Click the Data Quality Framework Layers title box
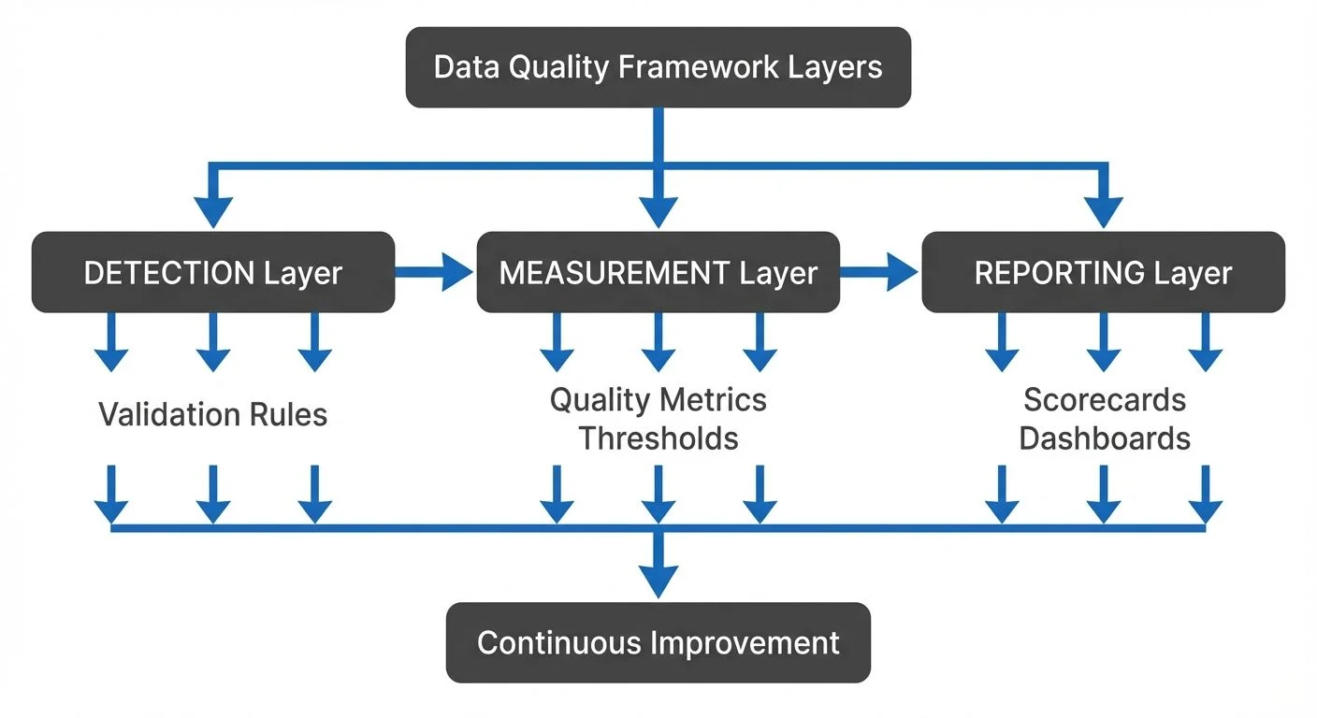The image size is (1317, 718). pos(658,67)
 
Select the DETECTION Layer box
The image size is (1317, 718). pos(213,272)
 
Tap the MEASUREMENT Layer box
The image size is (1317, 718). pos(658,272)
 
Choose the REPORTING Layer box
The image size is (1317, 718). pos(1103,272)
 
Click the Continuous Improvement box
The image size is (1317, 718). pos(658,642)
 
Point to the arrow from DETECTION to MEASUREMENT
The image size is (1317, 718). pos(435,272)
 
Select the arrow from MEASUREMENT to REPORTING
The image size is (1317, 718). pos(880,272)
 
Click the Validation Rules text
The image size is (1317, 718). pos(213,414)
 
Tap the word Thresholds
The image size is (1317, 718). pos(658,438)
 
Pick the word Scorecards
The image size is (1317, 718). pos(1104,400)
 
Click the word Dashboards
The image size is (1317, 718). pos(1104,438)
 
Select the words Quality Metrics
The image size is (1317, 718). pos(658,400)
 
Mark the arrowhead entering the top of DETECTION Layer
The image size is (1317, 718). pos(213,213)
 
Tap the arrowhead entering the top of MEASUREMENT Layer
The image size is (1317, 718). pos(658,213)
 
